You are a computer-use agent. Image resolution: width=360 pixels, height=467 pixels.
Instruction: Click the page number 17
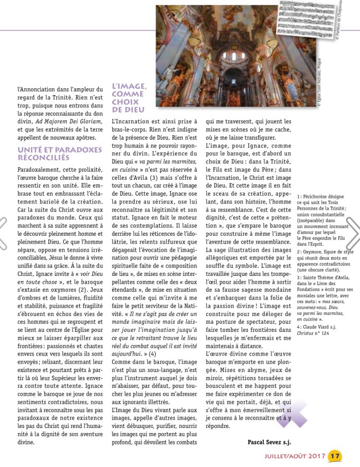coord(334,455)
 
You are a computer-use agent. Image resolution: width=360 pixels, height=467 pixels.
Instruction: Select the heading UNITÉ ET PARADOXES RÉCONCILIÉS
coord(50,153)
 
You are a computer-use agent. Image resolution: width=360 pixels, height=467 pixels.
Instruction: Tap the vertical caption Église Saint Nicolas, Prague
coord(319,82)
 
